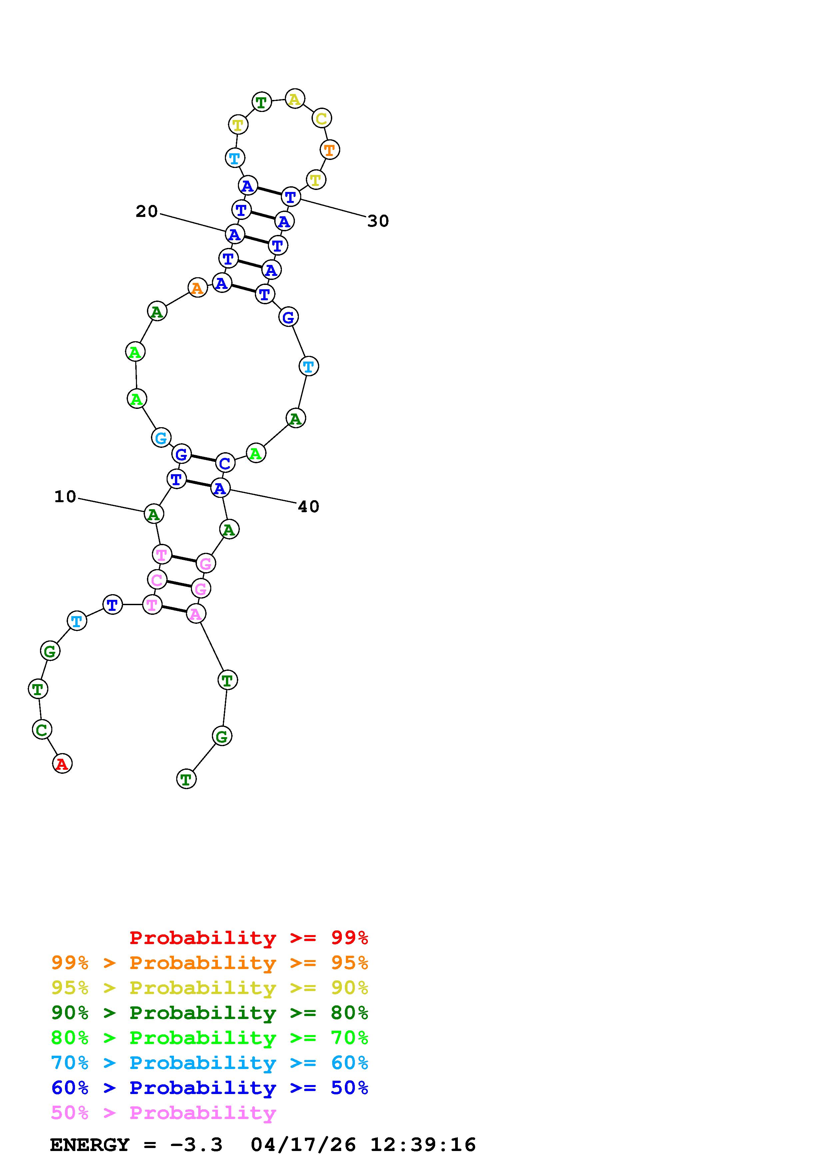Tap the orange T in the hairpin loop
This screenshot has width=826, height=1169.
329,150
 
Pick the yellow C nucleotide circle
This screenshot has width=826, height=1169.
321,119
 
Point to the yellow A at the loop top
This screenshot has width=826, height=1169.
295,99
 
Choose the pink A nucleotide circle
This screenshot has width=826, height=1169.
196,614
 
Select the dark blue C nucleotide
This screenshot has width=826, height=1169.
225,463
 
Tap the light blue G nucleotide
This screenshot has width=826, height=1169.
161,437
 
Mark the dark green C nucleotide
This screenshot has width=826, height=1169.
42,729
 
